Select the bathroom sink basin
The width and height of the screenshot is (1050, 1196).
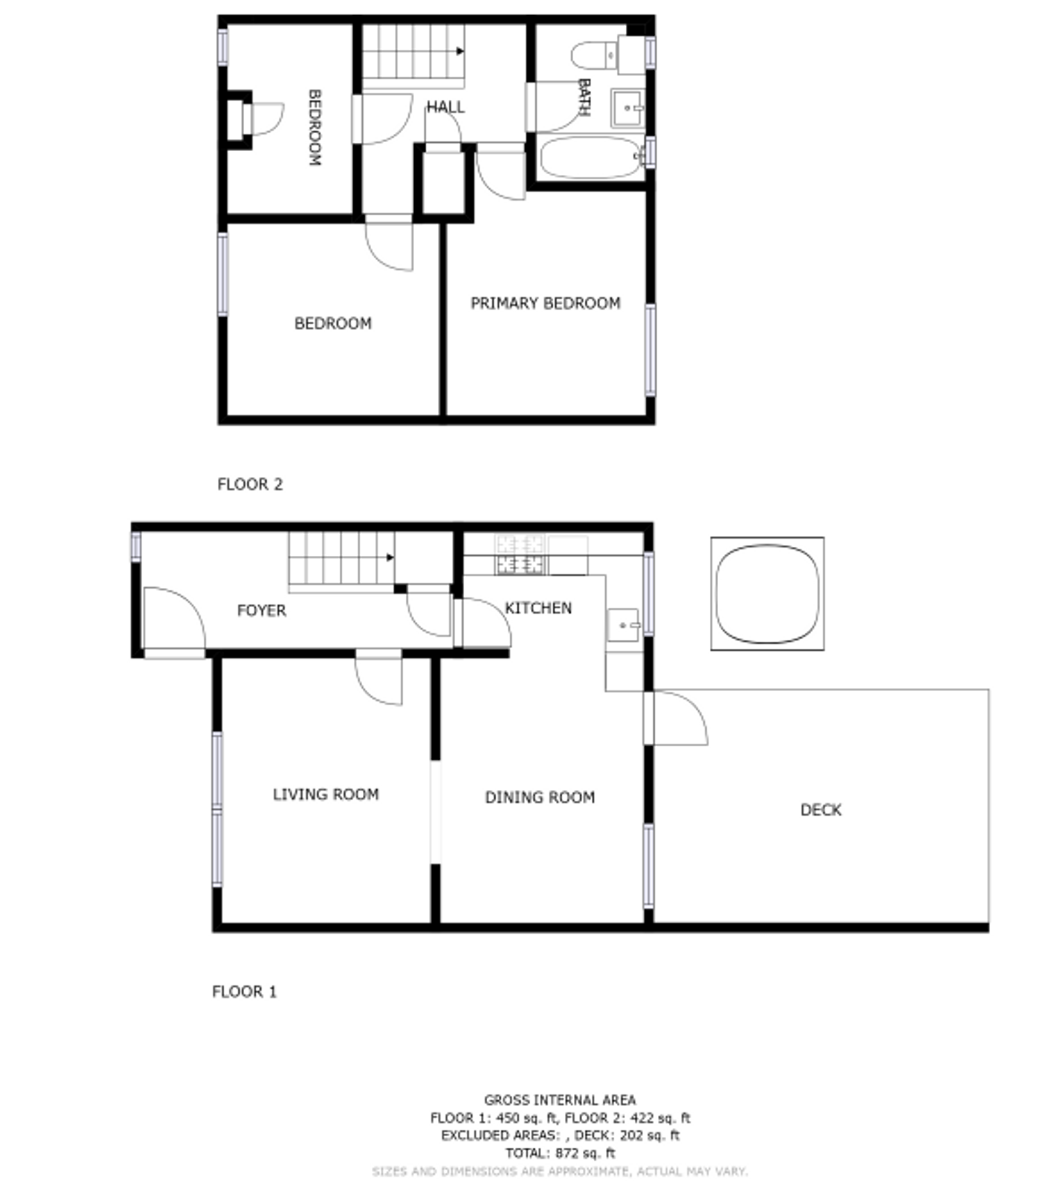tap(627, 108)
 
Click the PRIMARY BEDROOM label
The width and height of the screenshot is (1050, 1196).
tap(545, 303)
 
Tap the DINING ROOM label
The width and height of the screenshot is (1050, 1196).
tap(540, 797)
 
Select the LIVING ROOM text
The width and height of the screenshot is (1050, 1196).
tap(326, 794)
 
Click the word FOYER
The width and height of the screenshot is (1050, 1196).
tap(261, 610)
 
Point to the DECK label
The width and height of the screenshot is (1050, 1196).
tap(821, 809)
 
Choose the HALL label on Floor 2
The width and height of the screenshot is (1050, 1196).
tap(445, 107)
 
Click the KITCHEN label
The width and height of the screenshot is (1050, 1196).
tap(538, 608)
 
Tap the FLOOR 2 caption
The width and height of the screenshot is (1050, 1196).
tap(250, 484)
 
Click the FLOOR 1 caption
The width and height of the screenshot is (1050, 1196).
tap(244, 991)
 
